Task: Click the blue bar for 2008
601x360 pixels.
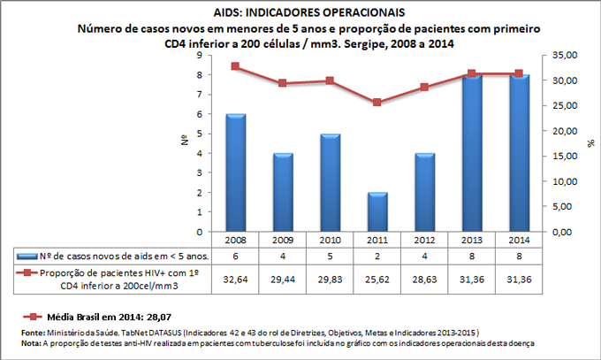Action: pos(235,173)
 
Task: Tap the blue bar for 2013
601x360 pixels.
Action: pos(472,154)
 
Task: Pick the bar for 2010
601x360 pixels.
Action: pos(330,183)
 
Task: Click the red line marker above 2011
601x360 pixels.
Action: pos(377,103)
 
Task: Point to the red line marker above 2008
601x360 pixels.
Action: pos(235,66)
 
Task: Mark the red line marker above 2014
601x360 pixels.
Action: pos(520,73)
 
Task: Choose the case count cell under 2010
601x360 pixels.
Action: pos(330,256)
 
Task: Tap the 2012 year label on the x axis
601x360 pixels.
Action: pos(424,240)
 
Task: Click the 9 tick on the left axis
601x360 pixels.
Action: pos(202,55)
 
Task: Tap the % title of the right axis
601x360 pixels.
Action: pos(590,143)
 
